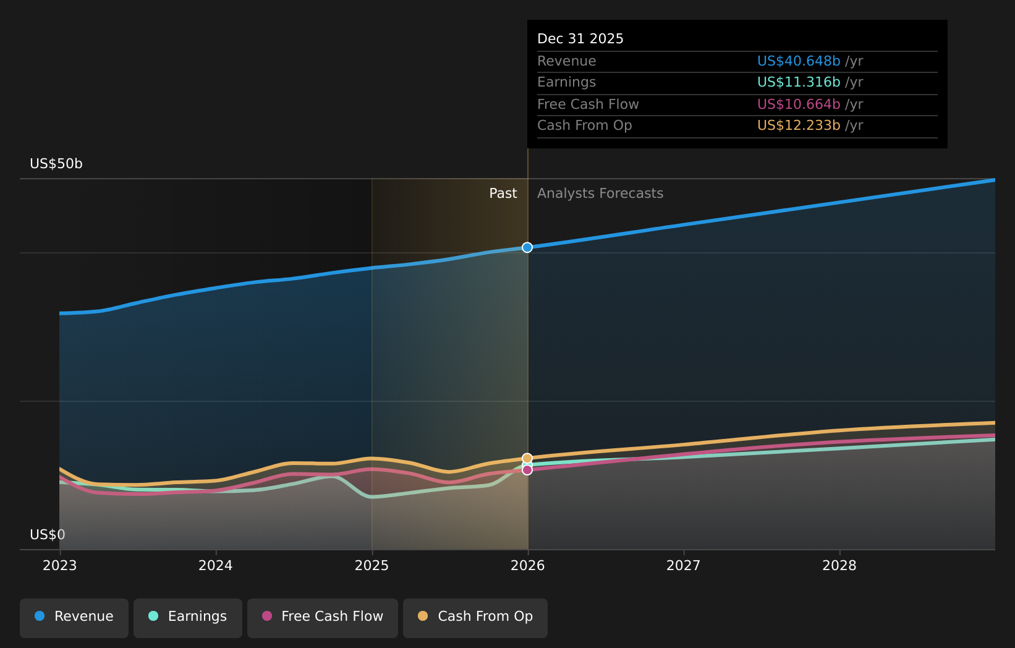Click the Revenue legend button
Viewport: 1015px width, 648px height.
point(74,617)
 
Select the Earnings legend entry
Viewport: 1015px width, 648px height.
point(188,617)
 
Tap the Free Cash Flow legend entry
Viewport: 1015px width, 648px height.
point(323,617)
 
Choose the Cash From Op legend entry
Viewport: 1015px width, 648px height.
point(475,617)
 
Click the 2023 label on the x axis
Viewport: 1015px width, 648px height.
point(60,566)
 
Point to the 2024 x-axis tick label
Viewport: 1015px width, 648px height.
point(216,566)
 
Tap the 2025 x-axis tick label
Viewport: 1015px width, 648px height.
point(372,566)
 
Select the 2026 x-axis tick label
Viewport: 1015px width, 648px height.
point(528,566)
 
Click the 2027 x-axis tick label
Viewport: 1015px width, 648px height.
point(684,566)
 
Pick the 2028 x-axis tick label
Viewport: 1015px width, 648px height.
point(839,566)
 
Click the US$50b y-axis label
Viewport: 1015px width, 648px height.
point(56,164)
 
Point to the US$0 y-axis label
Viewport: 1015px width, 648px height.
point(48,535)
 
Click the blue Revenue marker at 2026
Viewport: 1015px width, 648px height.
point(527,247)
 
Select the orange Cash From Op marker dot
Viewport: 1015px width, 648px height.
point(527,458)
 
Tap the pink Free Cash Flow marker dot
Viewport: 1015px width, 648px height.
point(527,471)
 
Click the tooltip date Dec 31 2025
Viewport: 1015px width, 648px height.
point(580,39)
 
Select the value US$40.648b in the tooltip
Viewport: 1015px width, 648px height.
point(799,61)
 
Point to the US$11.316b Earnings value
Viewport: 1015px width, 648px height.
point(799,82)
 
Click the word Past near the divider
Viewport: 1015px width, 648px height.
point(503,194)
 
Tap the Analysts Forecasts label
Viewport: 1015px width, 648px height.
point(600,194)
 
